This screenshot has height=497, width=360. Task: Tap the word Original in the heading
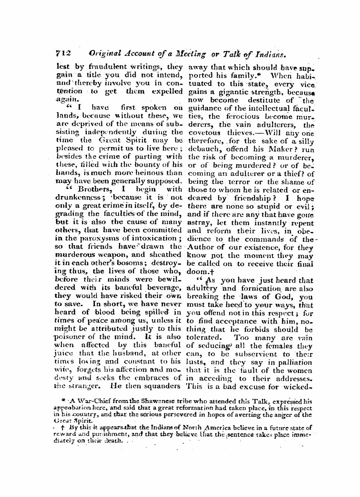coord(105,54)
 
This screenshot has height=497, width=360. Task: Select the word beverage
coord(162,287)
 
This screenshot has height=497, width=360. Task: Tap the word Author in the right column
coord(201,247)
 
